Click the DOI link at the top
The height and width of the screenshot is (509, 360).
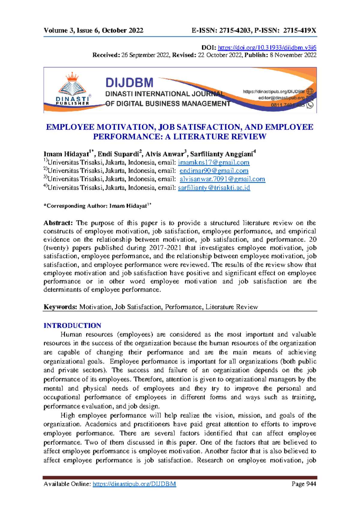click(x=267, y=47)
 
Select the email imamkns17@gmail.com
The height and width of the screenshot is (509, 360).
click(x=214, y=162)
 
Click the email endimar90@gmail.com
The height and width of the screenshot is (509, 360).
click(x=214, y=171)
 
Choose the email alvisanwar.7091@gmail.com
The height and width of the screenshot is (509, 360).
click(x=222, y=179)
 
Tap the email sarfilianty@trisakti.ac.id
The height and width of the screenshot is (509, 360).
click(x=214, y=188)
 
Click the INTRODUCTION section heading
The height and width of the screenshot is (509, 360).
click(x=72, y=326)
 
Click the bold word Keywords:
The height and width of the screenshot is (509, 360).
click(x=60, y=307)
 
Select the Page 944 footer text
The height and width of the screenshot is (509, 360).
click(x=304, y=484)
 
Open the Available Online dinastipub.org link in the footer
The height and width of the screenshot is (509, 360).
click(x=134, y=484)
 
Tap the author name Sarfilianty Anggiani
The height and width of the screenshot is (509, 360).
click(x=221, y=154)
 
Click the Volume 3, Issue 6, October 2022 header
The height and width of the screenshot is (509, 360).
click(x=93, y=30)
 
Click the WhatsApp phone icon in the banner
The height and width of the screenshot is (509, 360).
click(x=310, y=105)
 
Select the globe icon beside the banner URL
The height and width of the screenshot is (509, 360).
click(x=310, y=91)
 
